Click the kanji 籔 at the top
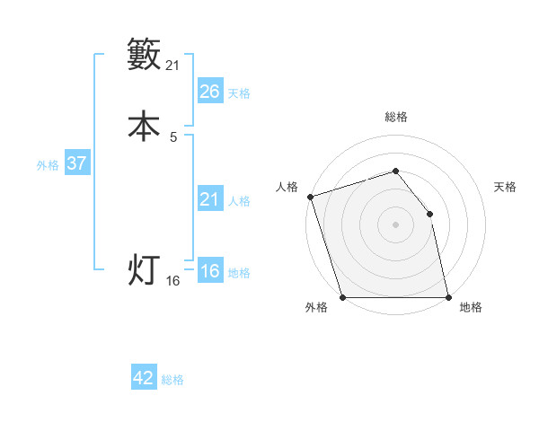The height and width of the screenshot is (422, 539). [x=144, y=55]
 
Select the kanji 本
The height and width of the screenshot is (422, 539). [x=144, y=126]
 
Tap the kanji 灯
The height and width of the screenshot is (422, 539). [x=144, y=269]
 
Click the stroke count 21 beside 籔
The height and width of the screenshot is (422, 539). [x=173, y=65]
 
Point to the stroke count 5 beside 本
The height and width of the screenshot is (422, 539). [x=173, y=136]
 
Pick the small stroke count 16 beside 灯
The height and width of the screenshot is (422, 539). [x=173, y=281]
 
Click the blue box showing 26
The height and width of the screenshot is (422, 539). [x=210, y=91]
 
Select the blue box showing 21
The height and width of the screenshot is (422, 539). [x=210, y=199]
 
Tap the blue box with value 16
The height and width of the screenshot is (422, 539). [x=210, y=271]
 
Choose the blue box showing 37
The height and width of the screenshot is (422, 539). [x=76, y=163]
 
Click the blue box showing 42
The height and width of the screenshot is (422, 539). [x=144, y=378]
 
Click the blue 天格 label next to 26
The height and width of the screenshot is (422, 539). [x=239, y=92]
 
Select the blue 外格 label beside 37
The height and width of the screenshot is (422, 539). [x=48, y=165]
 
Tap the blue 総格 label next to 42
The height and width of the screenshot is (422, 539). [x=172, y=380]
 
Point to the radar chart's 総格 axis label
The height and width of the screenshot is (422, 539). [x=395, y=118]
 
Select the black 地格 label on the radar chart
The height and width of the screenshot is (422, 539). [x=471, y=308]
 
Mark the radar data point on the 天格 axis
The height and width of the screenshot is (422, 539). [x=429, y=214]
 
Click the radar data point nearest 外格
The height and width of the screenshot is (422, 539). [x=342, y=297]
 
